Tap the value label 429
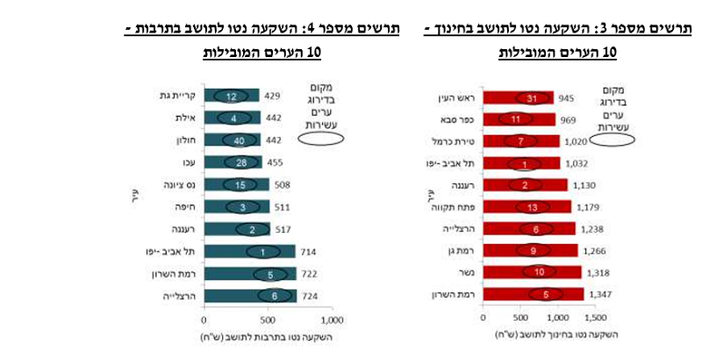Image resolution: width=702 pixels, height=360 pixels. tap(274, 95)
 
